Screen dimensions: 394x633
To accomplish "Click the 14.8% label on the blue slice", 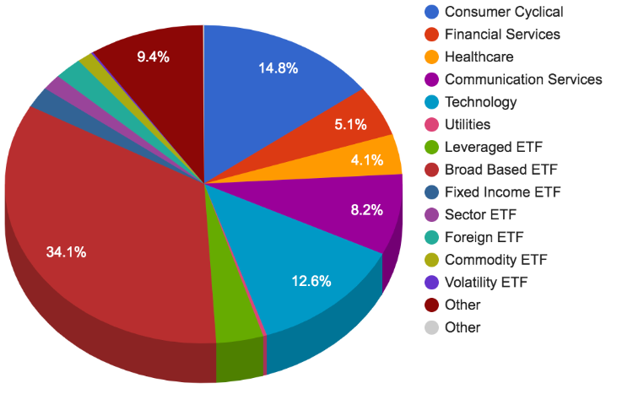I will click(x=279, y=68).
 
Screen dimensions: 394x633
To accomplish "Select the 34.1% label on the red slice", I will click(x=67, y=251).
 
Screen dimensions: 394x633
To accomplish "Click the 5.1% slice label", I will click(x=350, y=125).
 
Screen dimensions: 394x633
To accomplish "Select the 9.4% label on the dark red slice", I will click(x=154, y=57).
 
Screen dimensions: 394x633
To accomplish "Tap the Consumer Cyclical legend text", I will click(x=503, y=12).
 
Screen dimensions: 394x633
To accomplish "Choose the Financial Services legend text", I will click(x=502, y=35).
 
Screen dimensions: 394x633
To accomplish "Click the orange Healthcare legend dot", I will click(x=431, y=57).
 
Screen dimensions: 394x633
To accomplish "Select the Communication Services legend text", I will click(x=523, y=79).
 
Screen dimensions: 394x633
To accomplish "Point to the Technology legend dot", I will click(x=431, y=102).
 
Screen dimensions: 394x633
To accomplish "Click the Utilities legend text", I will click(x=467, y=125).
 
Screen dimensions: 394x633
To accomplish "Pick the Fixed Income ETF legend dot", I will click(x=431, y=192).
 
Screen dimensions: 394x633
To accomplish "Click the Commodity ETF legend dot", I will click(x=431, y=260).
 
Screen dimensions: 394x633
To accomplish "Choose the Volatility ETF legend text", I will click(x=487, y=283).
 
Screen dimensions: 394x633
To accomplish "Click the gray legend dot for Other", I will click(x=431, y=327).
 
